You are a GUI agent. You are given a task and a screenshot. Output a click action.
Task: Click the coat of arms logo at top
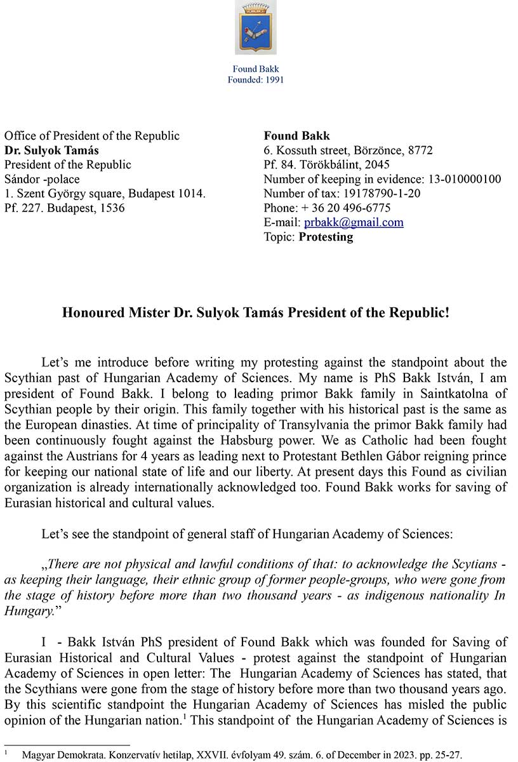tap(256, 27)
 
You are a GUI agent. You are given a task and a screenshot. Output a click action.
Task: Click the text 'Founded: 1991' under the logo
tap(256, 80)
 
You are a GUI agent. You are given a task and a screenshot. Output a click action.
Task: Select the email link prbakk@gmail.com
tap(354, 222)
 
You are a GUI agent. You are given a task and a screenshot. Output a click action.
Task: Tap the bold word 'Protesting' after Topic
tap(326, 237)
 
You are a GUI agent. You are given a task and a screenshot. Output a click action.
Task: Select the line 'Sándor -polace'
tap(42, 179)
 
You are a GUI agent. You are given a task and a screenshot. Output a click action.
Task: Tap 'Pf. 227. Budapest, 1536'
tap(65, 208)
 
